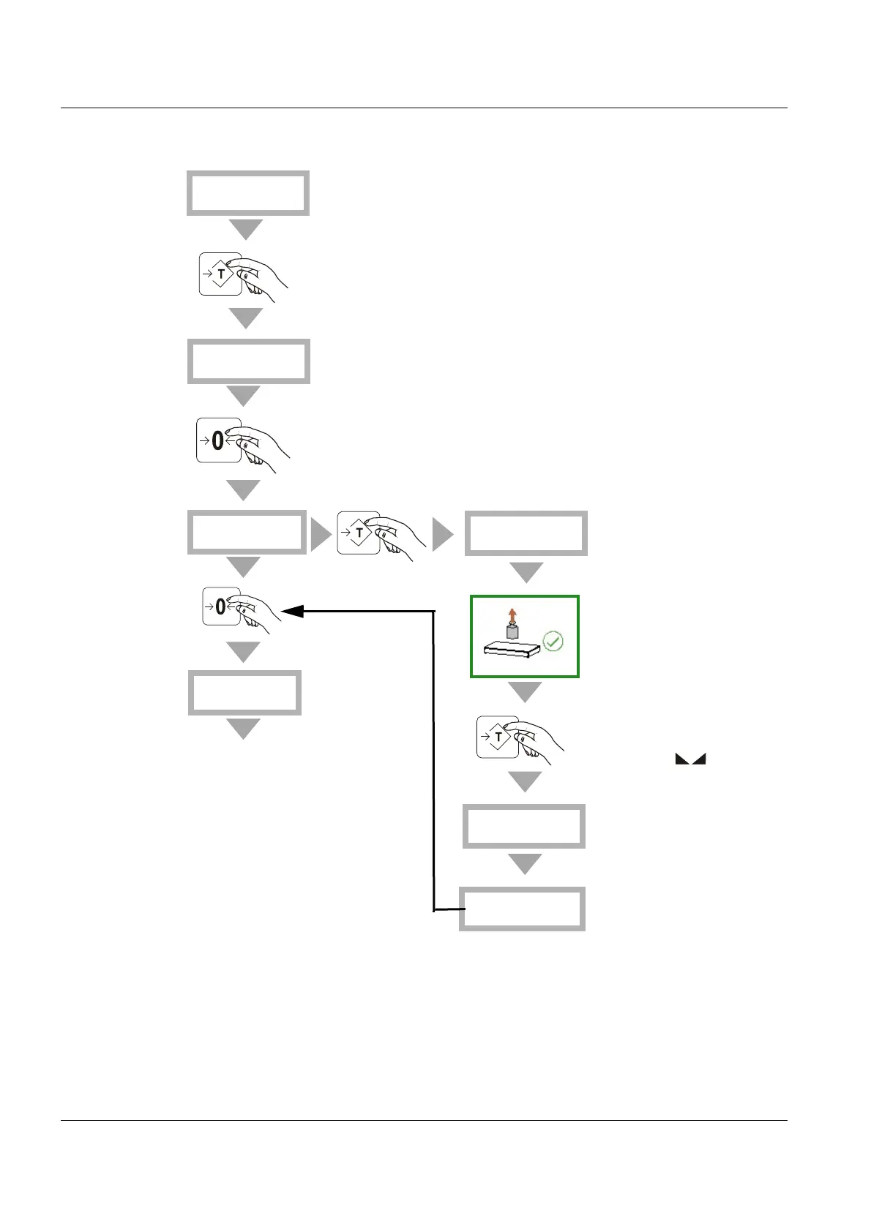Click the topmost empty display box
247,193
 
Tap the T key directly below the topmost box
220,274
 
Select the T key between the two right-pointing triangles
359,533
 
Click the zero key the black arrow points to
221,606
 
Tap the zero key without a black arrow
218,440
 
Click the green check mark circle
554,642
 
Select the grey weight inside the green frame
512,630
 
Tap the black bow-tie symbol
690,760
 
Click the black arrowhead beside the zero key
293,612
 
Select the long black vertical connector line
434,761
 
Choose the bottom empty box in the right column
522,909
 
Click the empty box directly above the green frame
526,533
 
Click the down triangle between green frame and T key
525,691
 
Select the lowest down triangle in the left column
244,729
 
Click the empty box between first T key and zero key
248,361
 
